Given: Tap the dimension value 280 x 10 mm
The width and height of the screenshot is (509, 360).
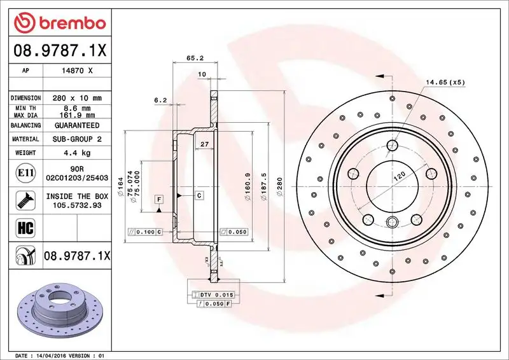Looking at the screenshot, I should (78, 98).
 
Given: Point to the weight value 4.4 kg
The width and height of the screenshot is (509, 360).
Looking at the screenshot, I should (78, 153).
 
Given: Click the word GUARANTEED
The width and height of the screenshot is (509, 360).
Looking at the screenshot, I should (78, 125).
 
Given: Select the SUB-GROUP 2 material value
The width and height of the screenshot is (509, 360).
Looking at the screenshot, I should (78, 139).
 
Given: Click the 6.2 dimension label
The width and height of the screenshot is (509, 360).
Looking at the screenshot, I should (160, 100).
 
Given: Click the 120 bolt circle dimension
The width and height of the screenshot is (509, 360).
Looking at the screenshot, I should (398, 179).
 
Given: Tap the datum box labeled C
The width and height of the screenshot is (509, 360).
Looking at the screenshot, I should (199, 195).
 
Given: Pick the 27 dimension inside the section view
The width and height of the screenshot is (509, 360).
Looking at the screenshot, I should (204, 145).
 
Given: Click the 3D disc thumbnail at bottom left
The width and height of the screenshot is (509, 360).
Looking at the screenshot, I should (60, 310).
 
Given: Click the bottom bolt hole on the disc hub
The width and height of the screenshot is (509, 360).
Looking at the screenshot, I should (392, 221).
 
